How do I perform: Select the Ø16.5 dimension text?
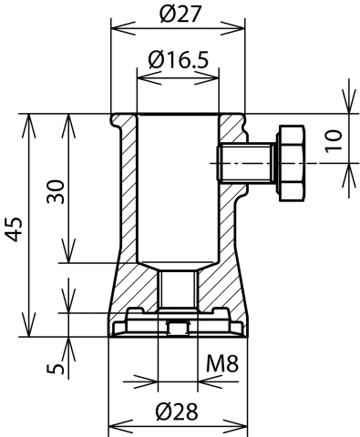(178, 60)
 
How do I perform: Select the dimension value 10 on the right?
(333, 139)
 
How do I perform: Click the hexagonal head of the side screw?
(290, 164)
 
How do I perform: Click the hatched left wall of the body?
(126, 200)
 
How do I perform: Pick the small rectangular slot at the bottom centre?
(178, 329)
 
